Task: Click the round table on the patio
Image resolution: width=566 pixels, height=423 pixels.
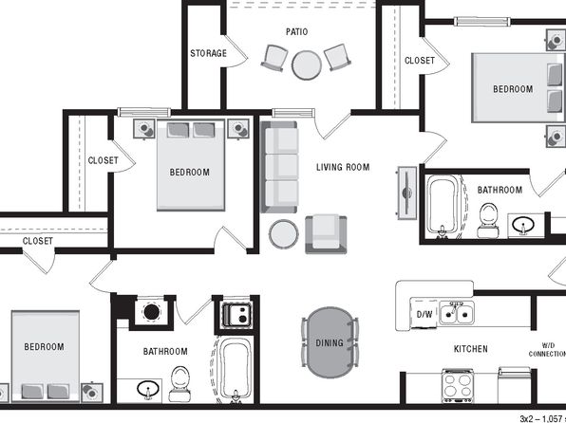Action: point(307,64)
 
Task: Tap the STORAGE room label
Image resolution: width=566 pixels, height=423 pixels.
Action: point(208,53)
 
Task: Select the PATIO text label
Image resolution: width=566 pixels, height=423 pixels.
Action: point(296,31)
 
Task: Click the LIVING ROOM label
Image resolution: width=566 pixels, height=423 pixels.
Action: point(343,167)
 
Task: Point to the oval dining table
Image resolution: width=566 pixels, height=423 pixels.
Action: point(330,342)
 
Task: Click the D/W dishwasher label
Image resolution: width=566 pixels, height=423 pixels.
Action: point(424,314)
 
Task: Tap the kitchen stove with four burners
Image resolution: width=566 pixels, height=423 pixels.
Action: point(458,385)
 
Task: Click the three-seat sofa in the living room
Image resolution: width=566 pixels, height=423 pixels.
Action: point(279,167)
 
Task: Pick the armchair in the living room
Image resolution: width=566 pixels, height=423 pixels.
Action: point(326,234)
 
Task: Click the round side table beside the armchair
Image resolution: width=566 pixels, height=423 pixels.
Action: point(284,234)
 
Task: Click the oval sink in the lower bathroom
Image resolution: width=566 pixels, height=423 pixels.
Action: point(148,389)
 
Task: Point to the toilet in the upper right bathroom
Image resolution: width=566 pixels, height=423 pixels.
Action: point(488,220)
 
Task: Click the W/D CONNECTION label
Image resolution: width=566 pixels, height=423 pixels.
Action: point(547,350)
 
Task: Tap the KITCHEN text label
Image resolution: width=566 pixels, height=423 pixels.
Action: point(471,349)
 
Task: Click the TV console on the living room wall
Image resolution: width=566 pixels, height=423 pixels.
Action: point(407,193)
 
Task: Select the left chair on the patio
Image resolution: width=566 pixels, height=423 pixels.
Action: point(274,58)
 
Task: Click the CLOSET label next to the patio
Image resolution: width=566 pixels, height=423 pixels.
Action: point(420,60)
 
